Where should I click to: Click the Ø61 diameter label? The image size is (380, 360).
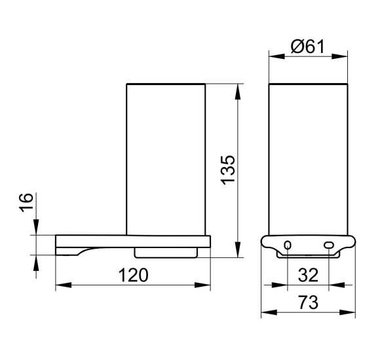(307, 46)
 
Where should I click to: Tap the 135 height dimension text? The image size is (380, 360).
(228, 170)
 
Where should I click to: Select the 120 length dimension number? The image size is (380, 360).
(133, 275)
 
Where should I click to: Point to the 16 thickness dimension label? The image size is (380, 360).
(26, 203)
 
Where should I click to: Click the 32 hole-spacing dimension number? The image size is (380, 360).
(308, 275)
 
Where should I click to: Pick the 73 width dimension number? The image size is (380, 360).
(308, 302)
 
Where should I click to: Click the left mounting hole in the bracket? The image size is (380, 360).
(288, 245)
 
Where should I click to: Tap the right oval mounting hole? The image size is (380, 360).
(329, 245)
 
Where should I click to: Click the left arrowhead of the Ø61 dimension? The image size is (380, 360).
(276, 57)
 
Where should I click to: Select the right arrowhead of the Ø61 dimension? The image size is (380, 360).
(340, 57)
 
